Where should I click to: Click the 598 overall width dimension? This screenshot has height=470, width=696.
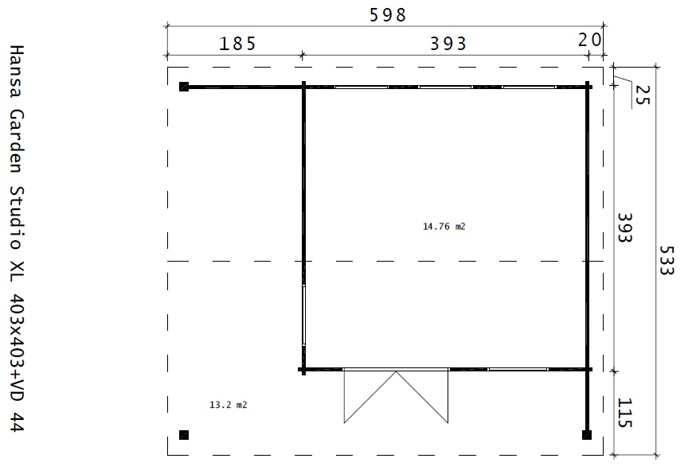point(388,15)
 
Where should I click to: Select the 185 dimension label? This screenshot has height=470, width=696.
point(237,44)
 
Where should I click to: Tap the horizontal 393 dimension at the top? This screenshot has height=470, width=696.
point(448,44)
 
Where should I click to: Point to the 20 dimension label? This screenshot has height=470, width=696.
point(590,40)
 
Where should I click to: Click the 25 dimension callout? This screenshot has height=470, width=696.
point(640,95)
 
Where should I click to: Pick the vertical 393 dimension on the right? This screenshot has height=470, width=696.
point(624,228)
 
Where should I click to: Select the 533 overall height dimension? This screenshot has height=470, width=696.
point(667,261)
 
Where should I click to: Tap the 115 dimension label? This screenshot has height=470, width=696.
point(624,413)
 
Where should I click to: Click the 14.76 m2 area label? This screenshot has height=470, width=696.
point(444,227)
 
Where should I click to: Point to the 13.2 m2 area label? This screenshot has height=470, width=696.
point(229,405)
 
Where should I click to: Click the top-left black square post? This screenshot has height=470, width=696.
point(184,87)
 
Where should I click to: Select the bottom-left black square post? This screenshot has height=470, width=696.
point(184,435)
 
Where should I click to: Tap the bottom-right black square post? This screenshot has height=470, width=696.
point(587,435)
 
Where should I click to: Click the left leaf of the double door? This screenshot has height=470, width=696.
point(370,397)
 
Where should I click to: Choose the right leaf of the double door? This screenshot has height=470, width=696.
point(422,397)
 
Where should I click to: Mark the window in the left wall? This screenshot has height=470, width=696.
point(304,315)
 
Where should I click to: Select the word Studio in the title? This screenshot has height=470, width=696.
point(17,218)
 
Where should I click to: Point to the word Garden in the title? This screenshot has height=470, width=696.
point(17,142)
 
